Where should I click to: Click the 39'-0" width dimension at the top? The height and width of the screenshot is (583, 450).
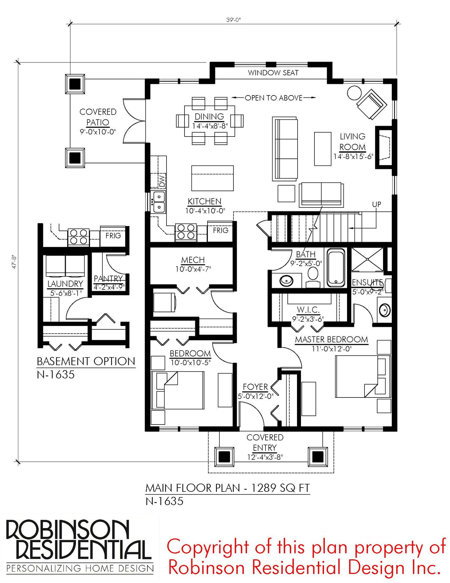pos(233,20)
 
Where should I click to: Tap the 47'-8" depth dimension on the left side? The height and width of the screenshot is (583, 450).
pos(14,262)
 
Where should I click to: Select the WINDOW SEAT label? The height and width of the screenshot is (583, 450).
pos(273,73)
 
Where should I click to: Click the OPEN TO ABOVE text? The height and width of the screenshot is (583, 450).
pos(274,98)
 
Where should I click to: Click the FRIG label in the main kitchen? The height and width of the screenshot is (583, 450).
pos(220,230)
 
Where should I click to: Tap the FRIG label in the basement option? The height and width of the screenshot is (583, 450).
pos(113,235)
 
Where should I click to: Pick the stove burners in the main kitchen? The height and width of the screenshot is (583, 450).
pos(186,232)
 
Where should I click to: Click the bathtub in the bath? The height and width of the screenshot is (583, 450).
pos(336,267)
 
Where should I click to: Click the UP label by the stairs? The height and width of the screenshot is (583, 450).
pos(377,204)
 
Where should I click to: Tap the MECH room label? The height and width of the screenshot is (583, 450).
pos(193,260)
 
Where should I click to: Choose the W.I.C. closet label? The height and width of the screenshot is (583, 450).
pos(308,310)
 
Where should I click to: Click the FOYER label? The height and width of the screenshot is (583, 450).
pos(255,387)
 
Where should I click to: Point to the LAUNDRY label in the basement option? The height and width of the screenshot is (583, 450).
pos(65,284)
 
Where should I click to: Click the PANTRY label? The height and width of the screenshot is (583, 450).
pos(109,278)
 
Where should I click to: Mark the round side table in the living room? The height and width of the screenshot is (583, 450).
pos(354,93)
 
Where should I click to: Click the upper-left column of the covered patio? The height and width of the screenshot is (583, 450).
pos(75,84)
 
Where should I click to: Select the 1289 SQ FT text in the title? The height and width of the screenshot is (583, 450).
pos(280,488)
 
